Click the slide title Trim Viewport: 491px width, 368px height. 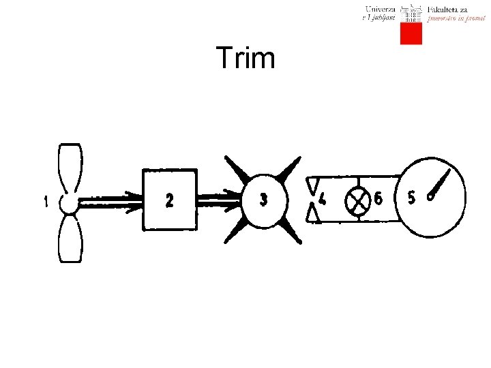245,59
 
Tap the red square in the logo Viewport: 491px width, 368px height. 411,33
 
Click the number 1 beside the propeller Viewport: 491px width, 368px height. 46,202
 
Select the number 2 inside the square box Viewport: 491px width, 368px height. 170,200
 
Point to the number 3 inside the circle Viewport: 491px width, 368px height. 264,200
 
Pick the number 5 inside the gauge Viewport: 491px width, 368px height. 411,198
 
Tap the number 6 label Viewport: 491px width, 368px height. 378,199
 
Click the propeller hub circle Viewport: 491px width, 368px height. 69,202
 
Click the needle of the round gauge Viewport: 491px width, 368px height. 440,185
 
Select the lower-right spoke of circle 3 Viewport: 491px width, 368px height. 291,232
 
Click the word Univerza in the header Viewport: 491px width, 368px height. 380,9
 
